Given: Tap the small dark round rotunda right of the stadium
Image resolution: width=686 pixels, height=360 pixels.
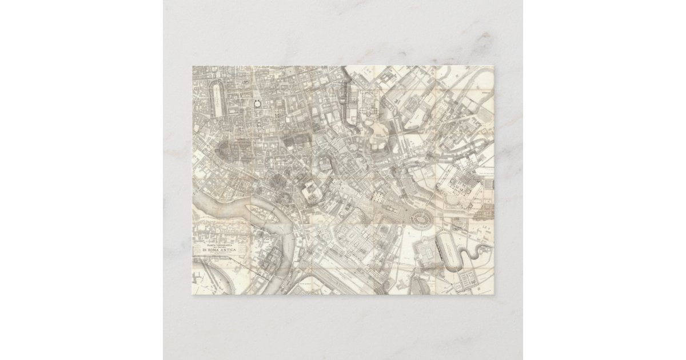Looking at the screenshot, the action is pyautogui.click(x=256, y=105).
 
